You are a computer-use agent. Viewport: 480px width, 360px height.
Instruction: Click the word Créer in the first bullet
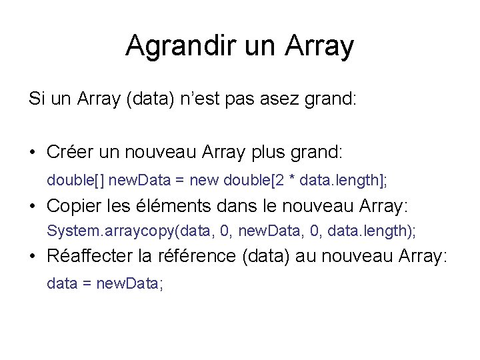pos(67,152)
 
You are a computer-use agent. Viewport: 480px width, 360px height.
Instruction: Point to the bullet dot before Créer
pos(33,153)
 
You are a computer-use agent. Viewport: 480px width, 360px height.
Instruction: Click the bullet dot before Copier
pos(33,207)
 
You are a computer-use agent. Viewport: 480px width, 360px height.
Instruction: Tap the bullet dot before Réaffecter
pos(33,257)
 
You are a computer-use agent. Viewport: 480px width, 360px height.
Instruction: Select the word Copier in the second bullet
pos(72,207)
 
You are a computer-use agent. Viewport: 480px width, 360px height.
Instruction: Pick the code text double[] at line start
pos(75,179)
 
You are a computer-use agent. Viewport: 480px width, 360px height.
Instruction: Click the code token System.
pos(69,231)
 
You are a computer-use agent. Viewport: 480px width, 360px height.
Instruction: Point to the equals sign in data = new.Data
pos(87,283)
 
